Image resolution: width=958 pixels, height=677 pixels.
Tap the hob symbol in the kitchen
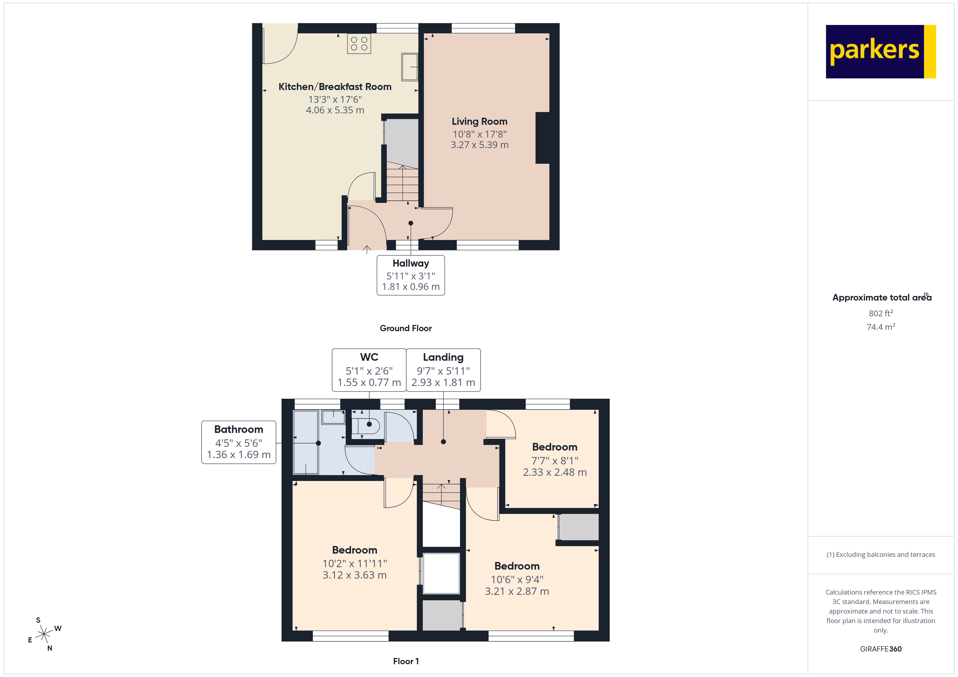coord(359,44)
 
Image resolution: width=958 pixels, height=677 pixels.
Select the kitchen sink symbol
coord(409,67)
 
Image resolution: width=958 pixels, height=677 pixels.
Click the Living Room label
coord(480,121)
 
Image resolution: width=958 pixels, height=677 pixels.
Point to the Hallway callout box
coord(411,275)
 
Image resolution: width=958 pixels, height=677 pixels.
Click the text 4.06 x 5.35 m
coord(335,110)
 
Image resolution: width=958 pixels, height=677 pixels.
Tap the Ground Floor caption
coord(406,328)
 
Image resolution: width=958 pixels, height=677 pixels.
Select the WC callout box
coord(369,370)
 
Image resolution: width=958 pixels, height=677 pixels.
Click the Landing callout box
coord(443,370)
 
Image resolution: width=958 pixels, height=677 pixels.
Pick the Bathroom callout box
coord(239,442)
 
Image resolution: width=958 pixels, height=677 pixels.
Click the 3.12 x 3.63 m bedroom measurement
coord(354,575)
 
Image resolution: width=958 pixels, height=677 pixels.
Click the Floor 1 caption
coord(406,661)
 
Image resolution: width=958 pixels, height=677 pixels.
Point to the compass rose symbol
coord(44,634)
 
